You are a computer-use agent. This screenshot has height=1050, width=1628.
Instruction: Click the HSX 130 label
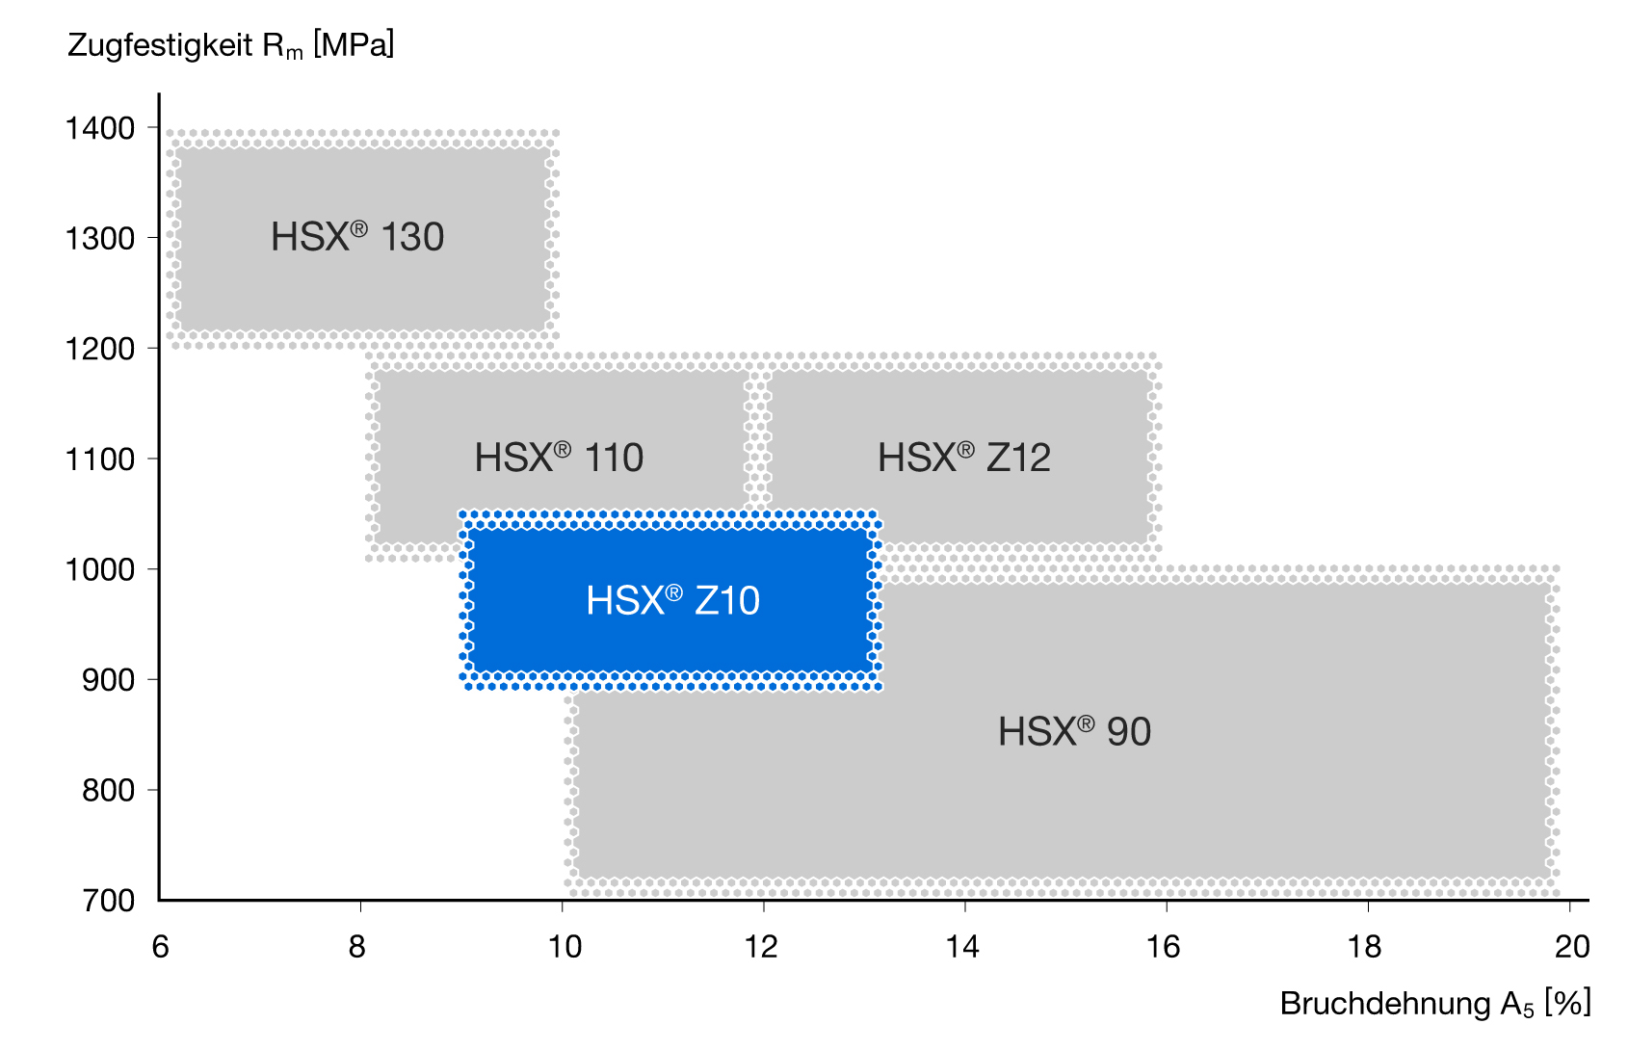(356, 237)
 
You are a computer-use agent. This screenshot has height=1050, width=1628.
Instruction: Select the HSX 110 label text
(559, 458)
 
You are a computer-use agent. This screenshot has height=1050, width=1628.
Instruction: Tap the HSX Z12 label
(963, 458)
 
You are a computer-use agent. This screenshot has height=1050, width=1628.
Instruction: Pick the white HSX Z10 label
(673, 601)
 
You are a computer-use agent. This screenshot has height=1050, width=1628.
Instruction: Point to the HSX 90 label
(1074, 732)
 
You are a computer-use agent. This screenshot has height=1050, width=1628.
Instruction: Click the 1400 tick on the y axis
(100, 129)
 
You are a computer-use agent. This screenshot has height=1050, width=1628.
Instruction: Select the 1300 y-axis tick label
(100, 239)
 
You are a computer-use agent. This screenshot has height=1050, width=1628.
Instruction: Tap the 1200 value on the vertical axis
(100, 350)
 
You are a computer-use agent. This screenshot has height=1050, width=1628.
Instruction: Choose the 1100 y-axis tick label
(100, 459)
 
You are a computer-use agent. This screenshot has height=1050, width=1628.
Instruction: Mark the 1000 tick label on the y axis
(100, 570)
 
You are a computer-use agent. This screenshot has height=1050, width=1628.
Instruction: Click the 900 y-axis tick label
(108, 681)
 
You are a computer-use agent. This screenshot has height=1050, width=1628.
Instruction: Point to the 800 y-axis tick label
(108, 791)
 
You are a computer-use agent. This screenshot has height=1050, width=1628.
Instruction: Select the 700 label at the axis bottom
(108, 901)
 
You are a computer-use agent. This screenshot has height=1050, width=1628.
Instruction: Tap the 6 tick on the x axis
(160, 947)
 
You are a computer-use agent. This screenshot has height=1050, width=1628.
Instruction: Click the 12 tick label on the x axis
(761, 947)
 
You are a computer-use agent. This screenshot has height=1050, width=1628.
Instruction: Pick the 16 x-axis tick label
(1164, 947)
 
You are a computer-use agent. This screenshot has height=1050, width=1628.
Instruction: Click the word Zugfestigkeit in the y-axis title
(160, 46)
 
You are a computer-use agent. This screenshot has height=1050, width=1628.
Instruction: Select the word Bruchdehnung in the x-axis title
(1385, 1004)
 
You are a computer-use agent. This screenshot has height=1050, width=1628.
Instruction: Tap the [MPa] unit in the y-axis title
(354, 45)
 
